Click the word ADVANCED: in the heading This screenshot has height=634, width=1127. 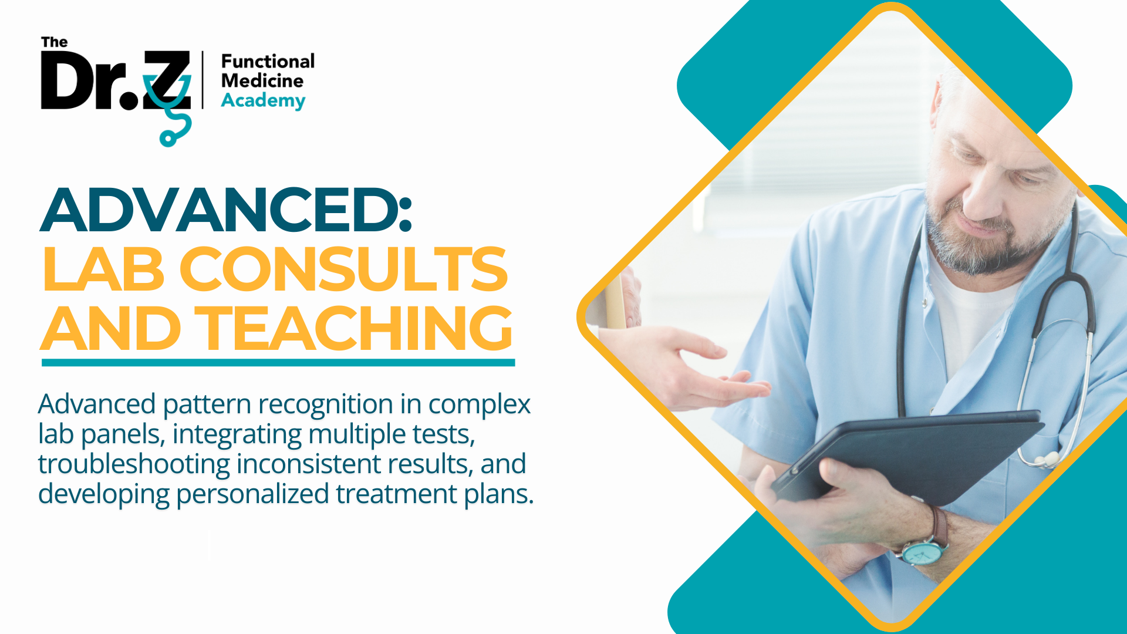[x=227, y=210]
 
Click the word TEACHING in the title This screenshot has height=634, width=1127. [x=354, y=328]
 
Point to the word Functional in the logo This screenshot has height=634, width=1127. [x=268, y=61]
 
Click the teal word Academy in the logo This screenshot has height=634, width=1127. [x=263, y=100]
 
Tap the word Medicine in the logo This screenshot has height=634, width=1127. [x=262, y=80]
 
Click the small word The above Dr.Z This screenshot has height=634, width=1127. [x=54, y=42]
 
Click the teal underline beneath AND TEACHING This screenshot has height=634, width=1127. [x=278, y=363]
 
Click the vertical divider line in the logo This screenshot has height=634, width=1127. [x=203, y=80]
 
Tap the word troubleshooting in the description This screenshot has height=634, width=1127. [x=134, y=464]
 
